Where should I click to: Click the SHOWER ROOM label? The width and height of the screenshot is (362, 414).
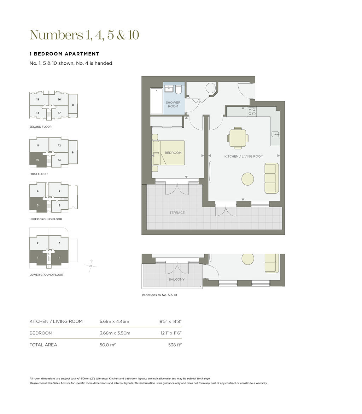pos(173,104)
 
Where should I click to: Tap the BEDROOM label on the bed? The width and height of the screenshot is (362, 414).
pos(173,153)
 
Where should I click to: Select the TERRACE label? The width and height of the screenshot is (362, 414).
pos(177,212)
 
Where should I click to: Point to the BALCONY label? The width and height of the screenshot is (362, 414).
pos(176,279)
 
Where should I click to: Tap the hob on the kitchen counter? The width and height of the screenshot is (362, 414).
pos(252,111)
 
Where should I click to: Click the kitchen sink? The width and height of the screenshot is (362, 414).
pos(275,134)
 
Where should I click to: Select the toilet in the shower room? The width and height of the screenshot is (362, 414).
pos(178,89)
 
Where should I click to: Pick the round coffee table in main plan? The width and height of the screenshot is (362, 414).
pos(248,179)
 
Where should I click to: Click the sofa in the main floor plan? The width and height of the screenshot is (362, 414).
pos(271,178)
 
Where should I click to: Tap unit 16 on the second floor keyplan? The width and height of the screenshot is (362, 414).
pos(59,99)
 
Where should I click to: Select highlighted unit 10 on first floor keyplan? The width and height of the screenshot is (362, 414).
pos(38,160)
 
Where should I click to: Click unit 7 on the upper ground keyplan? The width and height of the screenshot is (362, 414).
pos(59,191)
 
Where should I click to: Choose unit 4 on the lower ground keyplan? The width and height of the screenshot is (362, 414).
pos(60,257)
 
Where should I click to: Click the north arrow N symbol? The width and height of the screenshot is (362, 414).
pos(90,266)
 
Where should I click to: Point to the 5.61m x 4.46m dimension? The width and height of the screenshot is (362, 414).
pos(114,321)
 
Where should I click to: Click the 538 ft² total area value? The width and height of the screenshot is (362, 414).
pos(175,345)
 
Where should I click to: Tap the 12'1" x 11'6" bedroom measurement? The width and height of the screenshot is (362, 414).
pos(171,333)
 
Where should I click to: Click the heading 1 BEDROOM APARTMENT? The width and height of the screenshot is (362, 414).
pos(64,54)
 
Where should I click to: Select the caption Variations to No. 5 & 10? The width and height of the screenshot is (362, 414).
pos(159,295)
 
